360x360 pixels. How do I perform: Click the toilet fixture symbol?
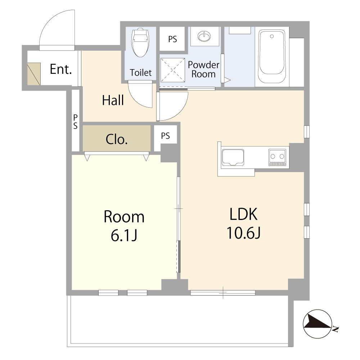(140, 42)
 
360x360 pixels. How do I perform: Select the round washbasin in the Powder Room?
(205, 36)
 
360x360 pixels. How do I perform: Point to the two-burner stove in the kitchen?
(277, 157)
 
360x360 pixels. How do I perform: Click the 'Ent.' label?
(61, 69)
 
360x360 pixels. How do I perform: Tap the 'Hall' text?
(113, 100)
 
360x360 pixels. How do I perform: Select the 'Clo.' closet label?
(117, 139)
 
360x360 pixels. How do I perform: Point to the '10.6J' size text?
(243, 233)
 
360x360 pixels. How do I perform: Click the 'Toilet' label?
(141, 73)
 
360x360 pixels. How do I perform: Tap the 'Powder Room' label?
(203, 69)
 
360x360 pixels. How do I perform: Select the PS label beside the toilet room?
(173, 39)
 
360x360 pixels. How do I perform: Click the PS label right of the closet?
(165, 136)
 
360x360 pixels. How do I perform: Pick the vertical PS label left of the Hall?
(75, 121)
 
